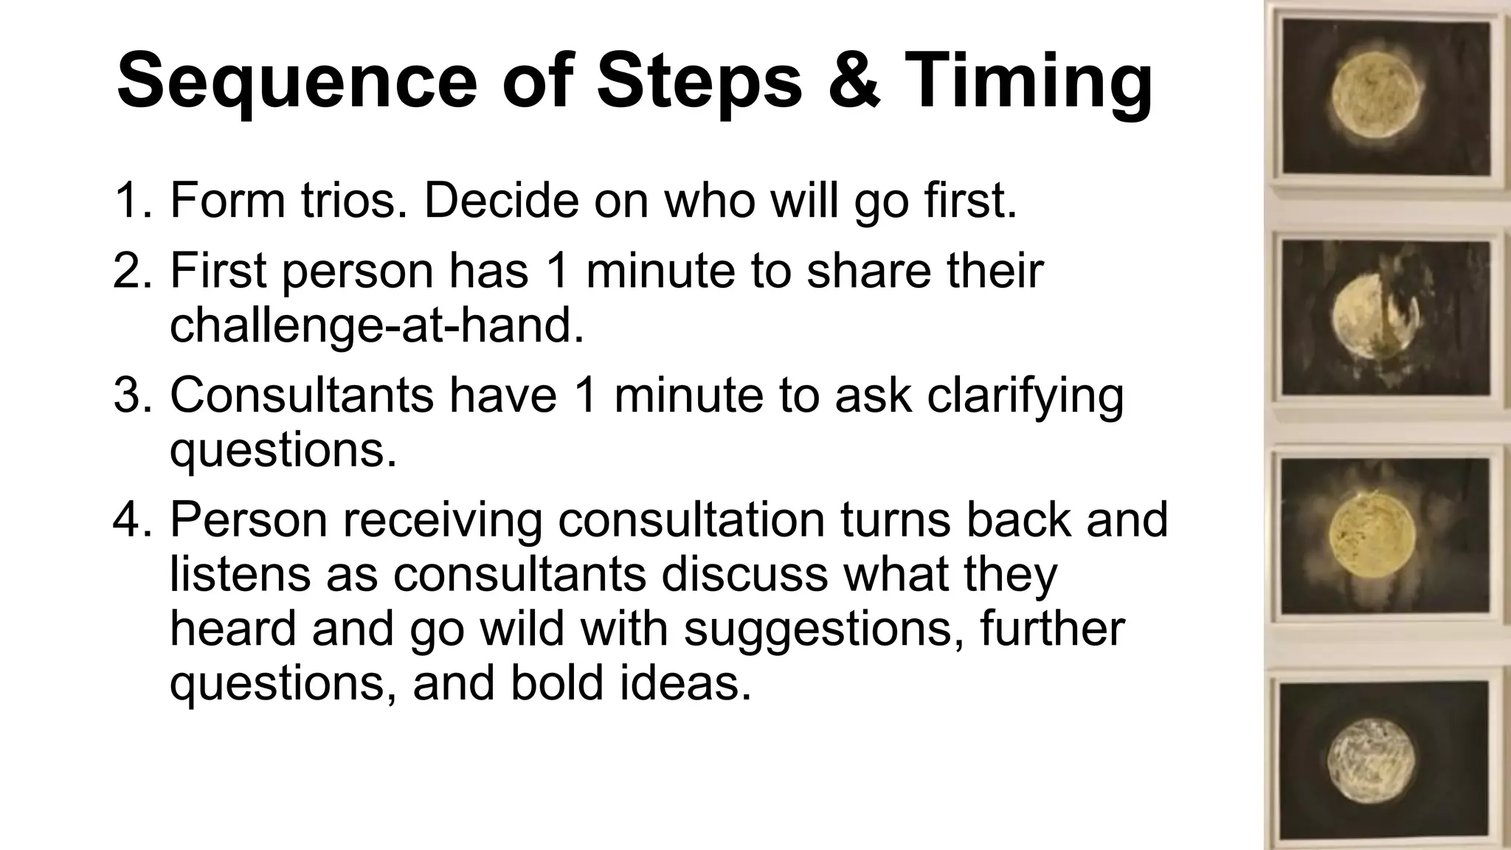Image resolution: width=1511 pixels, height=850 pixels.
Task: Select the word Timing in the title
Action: (1028, 81)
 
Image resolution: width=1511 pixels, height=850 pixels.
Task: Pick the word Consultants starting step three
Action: (302, 395)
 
